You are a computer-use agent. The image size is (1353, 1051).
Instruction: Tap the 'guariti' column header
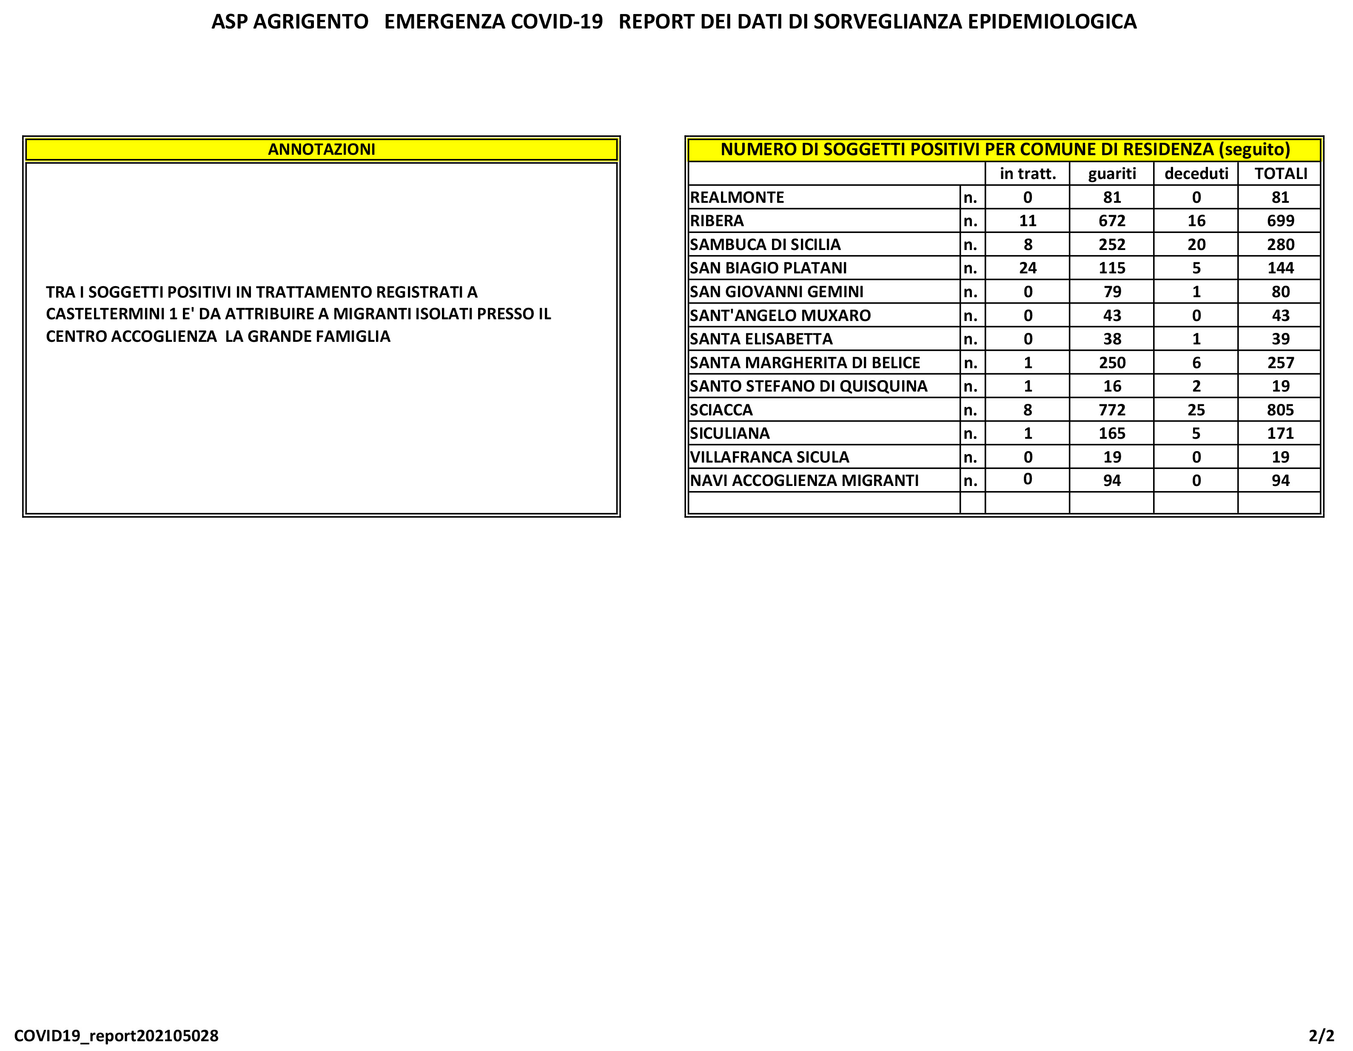click(1111, 173)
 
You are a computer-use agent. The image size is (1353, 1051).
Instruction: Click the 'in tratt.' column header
click(1027, 173)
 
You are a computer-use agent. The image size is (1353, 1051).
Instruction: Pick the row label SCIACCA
click(721, 410)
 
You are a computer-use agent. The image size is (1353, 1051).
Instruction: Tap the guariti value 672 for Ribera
click(1111, 221)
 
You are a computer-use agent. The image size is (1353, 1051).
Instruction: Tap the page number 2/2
click(1321, 1036)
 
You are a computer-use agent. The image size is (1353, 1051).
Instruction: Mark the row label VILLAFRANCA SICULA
click(769, 457)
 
